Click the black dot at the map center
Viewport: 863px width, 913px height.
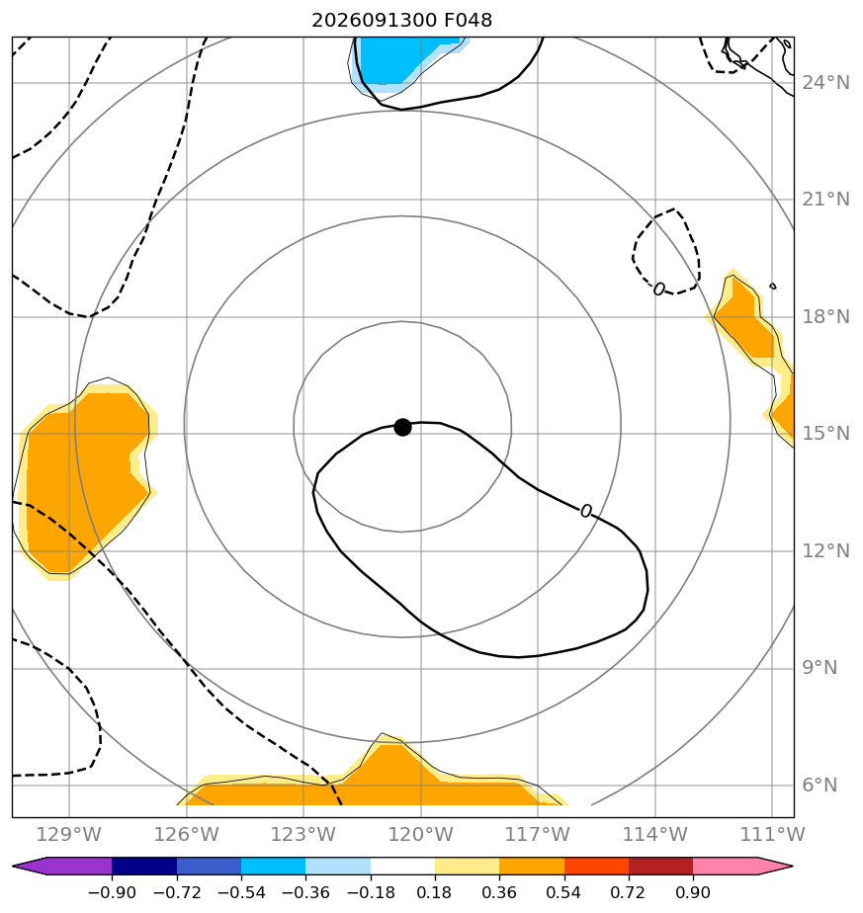(402, 428)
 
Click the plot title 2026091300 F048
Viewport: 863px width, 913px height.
(402, 21)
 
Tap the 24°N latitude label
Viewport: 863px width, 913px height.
(825, 83)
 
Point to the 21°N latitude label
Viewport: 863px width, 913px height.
(825, 200)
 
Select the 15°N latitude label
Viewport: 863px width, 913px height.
(825, 434)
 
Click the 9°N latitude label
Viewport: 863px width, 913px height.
(820, 668)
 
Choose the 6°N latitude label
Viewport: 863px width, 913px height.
(820, 786)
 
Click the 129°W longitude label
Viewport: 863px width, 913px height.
(69, 834)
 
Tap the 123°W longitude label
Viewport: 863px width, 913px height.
(303, 834)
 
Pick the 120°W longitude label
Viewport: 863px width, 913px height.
(420, 834)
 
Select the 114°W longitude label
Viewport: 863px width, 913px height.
(655, 834)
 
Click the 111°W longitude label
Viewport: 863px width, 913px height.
(772, 834)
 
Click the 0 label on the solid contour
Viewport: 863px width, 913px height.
(586, 511)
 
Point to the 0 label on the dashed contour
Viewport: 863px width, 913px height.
(659, 290)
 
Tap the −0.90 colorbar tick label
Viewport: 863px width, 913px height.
(112, 892)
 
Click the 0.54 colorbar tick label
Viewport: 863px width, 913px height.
(564, 892)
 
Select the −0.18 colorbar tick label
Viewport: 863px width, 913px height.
(371, 892)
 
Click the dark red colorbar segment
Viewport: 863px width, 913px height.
(660, 866)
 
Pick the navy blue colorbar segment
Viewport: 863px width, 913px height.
(144, 866)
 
